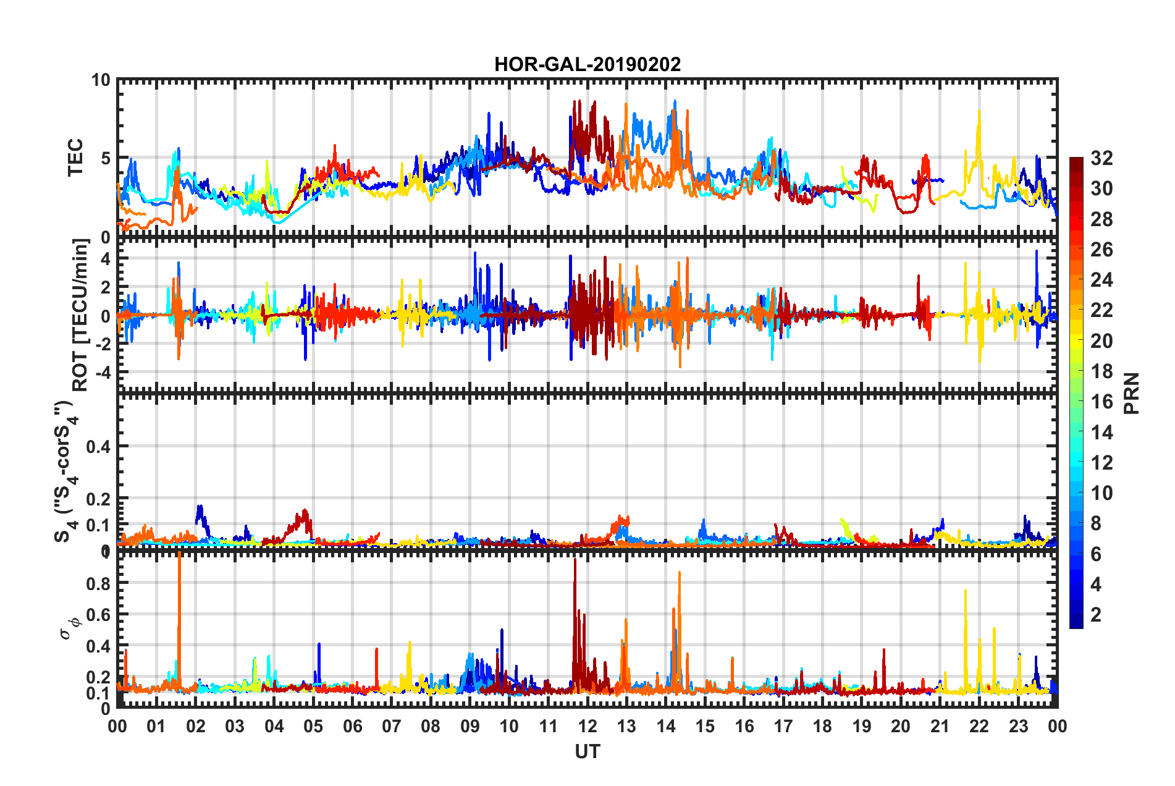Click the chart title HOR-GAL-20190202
coord(587,64)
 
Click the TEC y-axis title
coord(75,158)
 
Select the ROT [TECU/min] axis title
coord(80,315)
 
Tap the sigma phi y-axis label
coord(70,628)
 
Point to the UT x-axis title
coord(587,751)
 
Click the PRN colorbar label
coord(1132,394)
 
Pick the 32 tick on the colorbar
coord(1101,158)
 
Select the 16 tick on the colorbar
coord(1101,402)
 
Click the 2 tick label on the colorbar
coord(1096,614)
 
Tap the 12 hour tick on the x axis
coord(587,726)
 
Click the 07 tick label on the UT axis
coord(392,726)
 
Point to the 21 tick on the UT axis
coord(940,726)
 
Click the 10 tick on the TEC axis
coord(101,80)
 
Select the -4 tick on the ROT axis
coord(102,373)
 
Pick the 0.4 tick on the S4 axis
coord(98,446)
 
